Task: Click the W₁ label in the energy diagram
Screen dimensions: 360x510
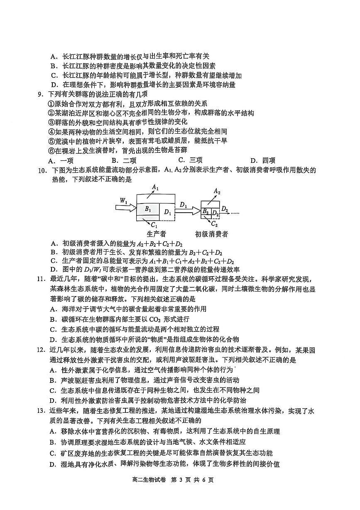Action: click(x=123, y=201)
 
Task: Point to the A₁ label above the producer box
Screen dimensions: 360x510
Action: click(x=155, y=187)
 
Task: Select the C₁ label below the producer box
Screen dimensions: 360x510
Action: click(x=154, y=225)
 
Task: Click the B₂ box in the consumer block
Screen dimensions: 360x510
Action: click(x=206, y=211)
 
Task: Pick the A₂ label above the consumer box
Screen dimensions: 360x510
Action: click(x=216, y=191)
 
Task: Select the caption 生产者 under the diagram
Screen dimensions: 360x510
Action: click(x=157, y=234)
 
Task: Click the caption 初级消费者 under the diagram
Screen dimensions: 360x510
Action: click(x=212, y=234)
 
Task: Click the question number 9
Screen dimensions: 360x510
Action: click(x=40, y=94)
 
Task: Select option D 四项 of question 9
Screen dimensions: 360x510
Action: click(x=262, y=161)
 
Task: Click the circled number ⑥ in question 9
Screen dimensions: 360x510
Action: click(x=51, y=150)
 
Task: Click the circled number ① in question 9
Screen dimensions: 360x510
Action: click(x=51, y=103)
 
